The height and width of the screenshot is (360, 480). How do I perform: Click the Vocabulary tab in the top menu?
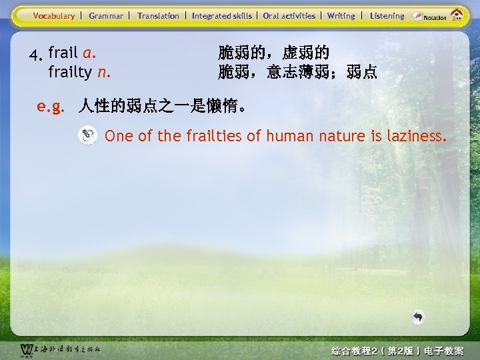coord(54,16)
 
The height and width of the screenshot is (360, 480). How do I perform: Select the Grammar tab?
coord(106,16)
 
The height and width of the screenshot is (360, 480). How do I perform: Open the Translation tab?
coord(158,16)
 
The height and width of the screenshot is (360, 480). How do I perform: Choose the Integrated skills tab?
coord(222,16)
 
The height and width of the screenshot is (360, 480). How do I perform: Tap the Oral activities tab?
coord(289,16)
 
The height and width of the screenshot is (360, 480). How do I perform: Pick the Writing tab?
coord(341,16)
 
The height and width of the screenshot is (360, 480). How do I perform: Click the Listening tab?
coord(387,16)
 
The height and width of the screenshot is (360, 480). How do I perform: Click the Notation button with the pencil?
coord(428,16)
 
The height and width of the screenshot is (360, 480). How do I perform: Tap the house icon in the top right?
coord(457,14)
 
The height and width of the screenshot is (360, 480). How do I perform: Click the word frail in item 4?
coord(63,53)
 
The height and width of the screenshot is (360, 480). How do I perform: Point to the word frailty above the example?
coord(70,71)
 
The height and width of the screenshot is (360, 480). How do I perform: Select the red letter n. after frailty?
coord(103,71)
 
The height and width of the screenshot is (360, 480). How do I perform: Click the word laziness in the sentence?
coord(415,137)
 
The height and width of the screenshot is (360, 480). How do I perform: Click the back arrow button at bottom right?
coord(418,317)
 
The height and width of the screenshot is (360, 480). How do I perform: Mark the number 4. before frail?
coord(36,55)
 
